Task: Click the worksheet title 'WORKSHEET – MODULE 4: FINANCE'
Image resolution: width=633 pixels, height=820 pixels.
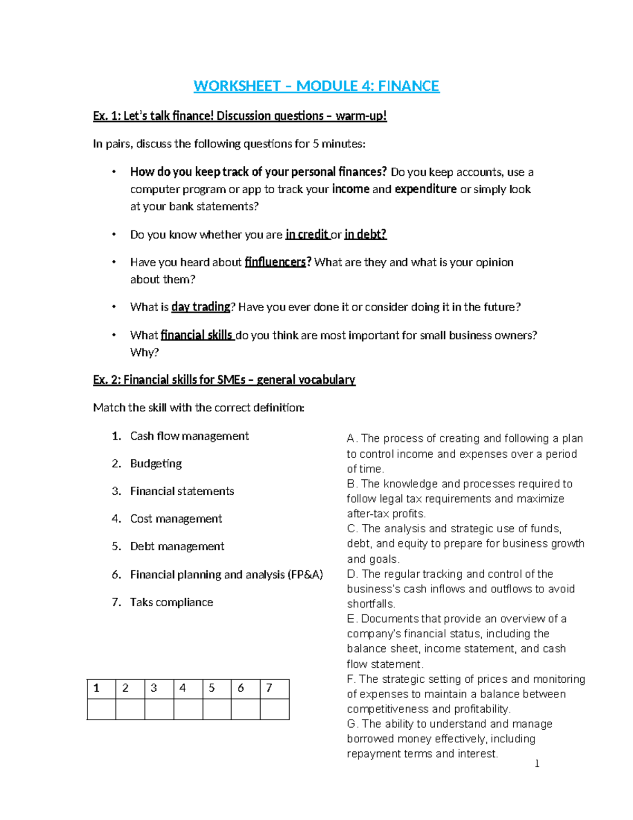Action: [x=316, y=86]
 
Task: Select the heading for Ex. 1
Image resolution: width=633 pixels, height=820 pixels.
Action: [x=239, y=116]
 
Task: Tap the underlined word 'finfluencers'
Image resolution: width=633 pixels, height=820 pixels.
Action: [x=275, y=262]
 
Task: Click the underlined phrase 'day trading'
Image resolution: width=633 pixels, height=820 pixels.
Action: [x=201, y=307]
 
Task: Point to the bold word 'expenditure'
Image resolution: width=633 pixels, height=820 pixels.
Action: [x=425, y=189]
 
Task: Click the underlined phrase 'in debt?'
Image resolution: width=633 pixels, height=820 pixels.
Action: [x=366, y=234]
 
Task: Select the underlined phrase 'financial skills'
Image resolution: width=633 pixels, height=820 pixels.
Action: [x=197, y=335]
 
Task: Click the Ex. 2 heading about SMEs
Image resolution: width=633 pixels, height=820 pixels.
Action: [x=224, y=380]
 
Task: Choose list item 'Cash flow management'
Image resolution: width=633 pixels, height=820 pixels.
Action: [x=189, y=436]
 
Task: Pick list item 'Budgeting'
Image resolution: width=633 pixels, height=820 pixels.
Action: [x=156, y=464]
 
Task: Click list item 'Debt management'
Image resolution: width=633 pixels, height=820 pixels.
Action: [x=177, y=546]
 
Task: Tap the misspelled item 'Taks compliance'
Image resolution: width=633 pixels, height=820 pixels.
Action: [x=171, y=602]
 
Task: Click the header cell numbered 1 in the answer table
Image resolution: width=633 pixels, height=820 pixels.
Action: [x=101, y=689]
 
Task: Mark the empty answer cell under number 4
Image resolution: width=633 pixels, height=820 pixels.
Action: [x=188, y=709]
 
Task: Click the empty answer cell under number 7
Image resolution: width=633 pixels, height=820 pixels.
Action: [x=274, y=709]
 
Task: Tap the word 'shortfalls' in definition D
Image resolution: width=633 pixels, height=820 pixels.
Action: [x=370, y=604]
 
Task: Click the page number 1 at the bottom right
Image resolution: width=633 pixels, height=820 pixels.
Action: [x=537, y=764]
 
